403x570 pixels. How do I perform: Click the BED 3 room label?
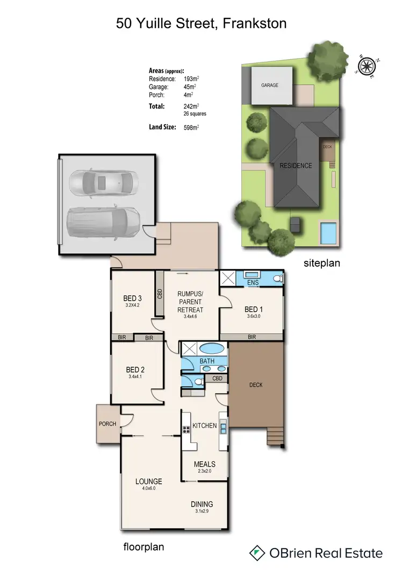(132, 298)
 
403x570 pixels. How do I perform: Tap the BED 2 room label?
(135, 370)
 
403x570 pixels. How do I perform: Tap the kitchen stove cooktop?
(186, 429)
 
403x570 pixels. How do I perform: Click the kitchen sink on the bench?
(223, 429)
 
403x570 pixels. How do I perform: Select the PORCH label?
(107, 424)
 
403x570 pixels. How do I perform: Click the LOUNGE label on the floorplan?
(149, 481)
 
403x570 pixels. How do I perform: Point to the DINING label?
(201, 504)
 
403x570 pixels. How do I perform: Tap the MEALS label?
(204, 464)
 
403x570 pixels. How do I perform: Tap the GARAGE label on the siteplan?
(270, 85)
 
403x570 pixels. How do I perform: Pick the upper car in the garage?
(103, 184)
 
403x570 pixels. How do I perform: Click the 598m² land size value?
(191, 127)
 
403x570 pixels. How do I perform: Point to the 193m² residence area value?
(191, 79)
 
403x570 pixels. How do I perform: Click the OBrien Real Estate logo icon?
(257, 553)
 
